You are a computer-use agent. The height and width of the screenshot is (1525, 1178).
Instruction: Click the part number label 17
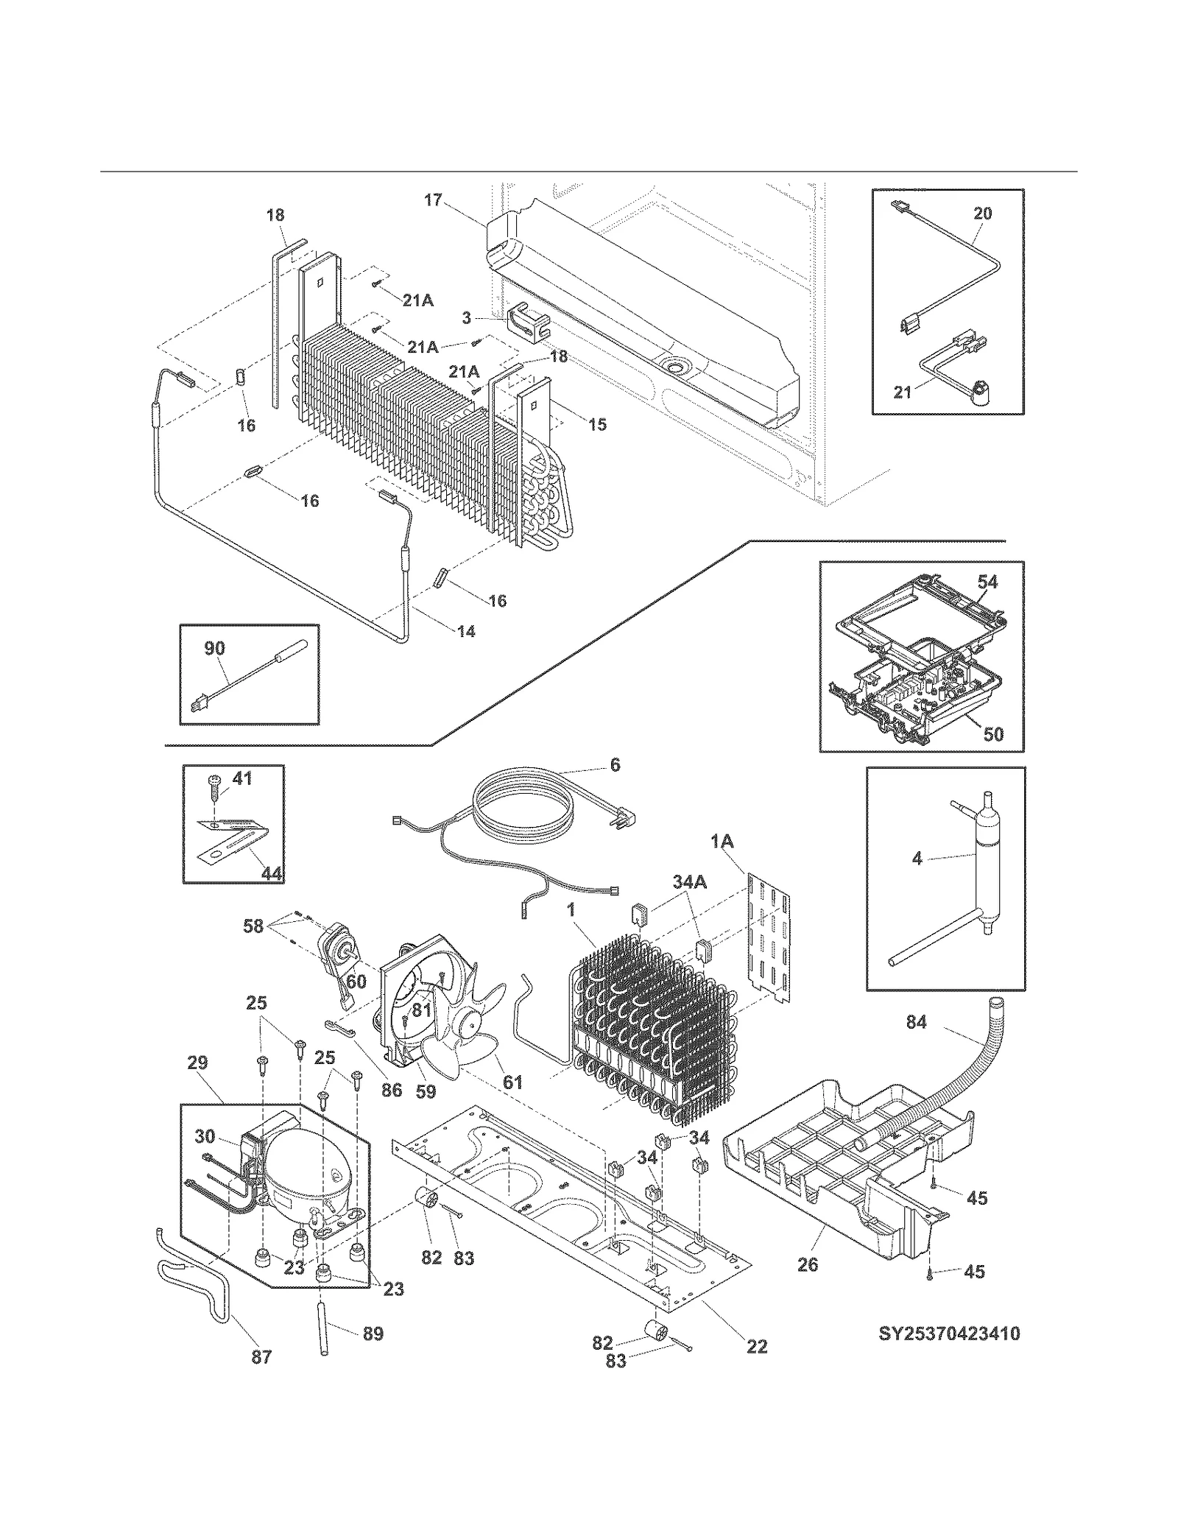[x=433, y=200]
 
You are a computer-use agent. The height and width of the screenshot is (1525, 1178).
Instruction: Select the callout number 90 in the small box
[x=214, y=649]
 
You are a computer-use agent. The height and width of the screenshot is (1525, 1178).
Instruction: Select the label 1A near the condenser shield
[x=722, y=841]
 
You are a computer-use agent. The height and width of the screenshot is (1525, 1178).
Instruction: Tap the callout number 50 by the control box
[x=993, y=734]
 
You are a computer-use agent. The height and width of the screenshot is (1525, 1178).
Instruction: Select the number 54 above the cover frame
[x=987, y=582]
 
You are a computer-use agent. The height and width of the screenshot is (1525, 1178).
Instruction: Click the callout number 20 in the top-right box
[x=983, y=214]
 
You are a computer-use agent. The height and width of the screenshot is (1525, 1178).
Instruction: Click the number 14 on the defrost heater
[x=466, y=631]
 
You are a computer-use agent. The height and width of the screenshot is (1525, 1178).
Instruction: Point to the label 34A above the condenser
[x=689, y=881]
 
